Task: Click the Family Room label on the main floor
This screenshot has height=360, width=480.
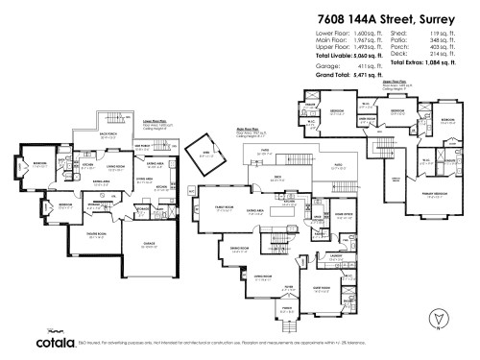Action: pos(227,206)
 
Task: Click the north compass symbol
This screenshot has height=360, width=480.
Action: pos(440,316)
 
